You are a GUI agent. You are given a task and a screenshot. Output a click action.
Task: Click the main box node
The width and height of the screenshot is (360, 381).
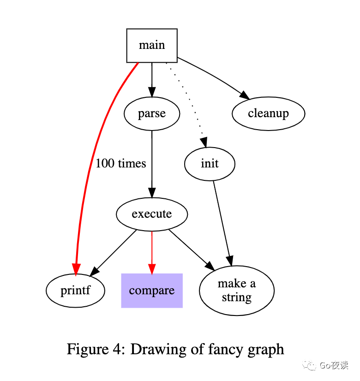(152, 45)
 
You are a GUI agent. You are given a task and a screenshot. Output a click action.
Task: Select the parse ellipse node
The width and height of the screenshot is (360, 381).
(152, 113)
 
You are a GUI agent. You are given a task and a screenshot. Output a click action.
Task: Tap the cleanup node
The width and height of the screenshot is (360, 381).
(268, 113)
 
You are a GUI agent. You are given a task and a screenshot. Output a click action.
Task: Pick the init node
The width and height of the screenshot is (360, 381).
(210, 164)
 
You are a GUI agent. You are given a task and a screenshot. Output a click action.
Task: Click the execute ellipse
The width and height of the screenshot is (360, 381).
(152, 214)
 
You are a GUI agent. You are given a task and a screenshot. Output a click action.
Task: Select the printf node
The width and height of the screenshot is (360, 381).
(76, 291)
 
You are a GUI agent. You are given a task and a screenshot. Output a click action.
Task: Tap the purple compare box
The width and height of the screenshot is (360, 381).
(152, 291)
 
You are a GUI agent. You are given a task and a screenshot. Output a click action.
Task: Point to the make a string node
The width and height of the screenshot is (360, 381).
(237, 291)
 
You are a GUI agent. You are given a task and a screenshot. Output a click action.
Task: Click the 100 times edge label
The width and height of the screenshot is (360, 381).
(121, 163)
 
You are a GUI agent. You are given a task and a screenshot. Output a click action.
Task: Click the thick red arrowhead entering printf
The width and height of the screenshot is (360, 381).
(76, 269)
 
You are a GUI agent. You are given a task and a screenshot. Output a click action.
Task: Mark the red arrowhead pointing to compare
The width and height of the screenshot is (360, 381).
(152, 268)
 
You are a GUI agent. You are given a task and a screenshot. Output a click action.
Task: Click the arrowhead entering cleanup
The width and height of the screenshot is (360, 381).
(245, 95)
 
